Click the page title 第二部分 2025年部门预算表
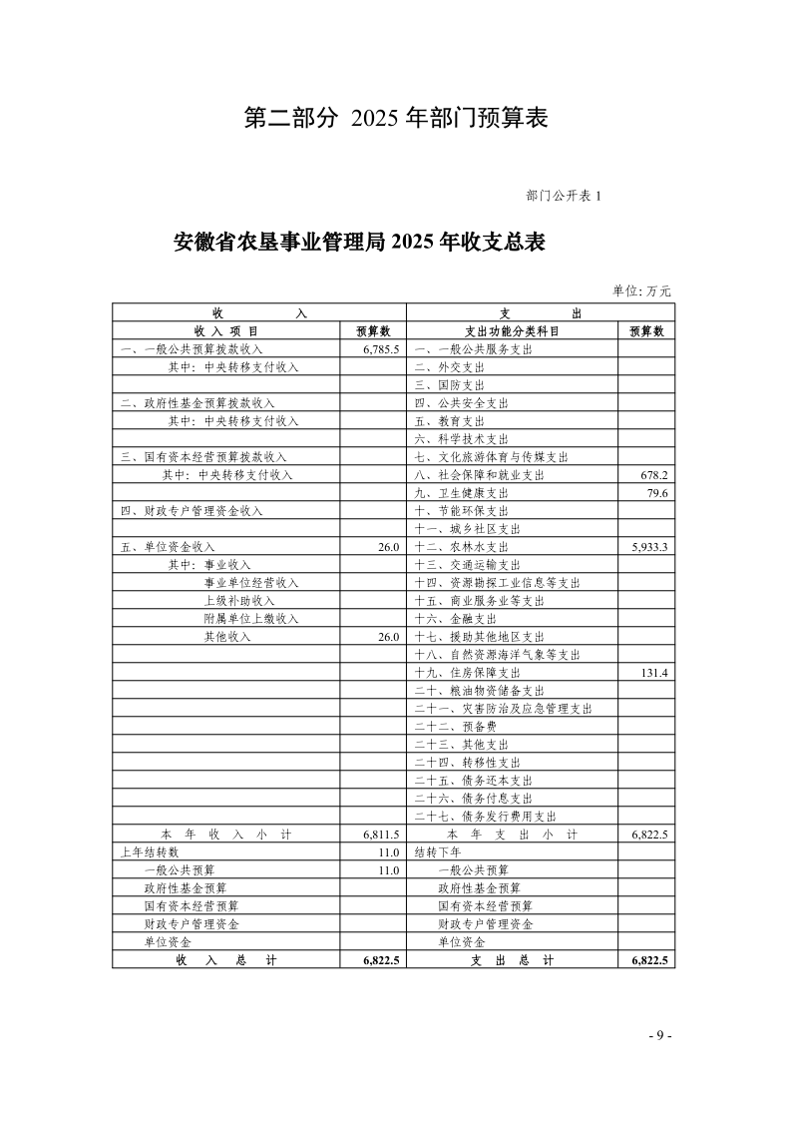click(x=396, y=118)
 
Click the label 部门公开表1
click(x=563, y=196)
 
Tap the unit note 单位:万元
click(x=641, y=290)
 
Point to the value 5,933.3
click(x=649, y=547)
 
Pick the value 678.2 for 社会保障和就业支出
click(x=654, y=475)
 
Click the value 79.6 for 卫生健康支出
click(x=657, y=493)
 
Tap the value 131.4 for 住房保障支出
click(x=654, y=673)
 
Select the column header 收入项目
click(x=226, y=331)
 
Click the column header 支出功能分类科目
click(x=512, y=331)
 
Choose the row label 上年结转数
click(x=150, y=852)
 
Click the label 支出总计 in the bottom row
click(x=512, y=960)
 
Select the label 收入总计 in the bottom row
click(x=226, y=960)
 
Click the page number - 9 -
click(x=659, y=1035)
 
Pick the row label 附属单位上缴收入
click(x=251, y=619)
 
